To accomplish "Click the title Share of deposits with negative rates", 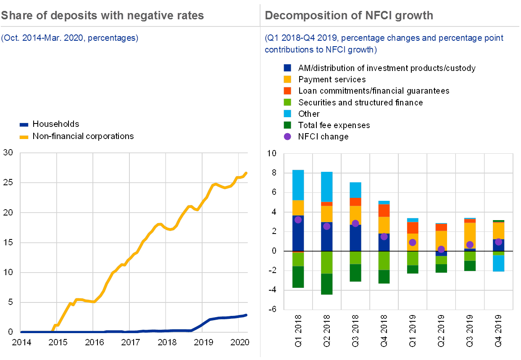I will (102, 16).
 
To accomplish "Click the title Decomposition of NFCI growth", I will (349, 16).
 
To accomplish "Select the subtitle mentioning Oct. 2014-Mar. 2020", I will (70, 38).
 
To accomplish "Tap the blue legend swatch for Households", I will (24, 125).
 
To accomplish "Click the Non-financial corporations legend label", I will (83, 136).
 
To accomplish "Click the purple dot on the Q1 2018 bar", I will (298, 220).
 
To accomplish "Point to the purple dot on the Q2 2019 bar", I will (441, 249).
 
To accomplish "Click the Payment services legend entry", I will (332, 79).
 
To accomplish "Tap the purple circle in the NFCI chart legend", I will (287, 137).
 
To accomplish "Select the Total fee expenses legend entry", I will (334, 125).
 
